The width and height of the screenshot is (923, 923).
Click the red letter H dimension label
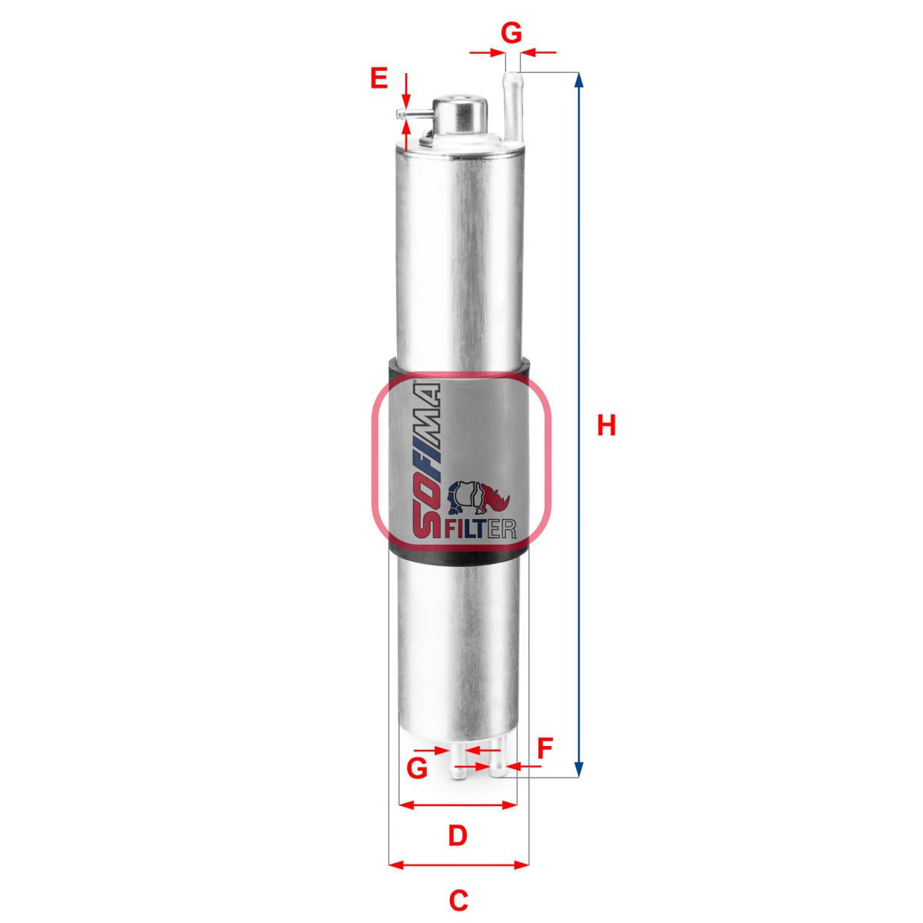[606, 426]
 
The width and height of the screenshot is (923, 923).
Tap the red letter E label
[379, 78]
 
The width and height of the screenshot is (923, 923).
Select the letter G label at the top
[511, 33]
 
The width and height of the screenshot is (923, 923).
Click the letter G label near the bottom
[417, 768]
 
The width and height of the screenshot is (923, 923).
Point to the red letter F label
[545, 749]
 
